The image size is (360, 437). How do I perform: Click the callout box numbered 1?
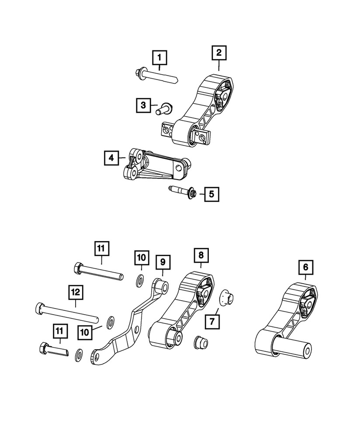pyautogui.click(x=159, y=57)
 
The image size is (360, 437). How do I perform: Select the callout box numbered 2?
pyautogui.click(x=219, y=53)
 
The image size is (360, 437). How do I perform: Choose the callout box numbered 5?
pyautogui.click(x=211, y=193)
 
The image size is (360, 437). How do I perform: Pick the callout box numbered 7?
pyautogui.click(x=212, y=322)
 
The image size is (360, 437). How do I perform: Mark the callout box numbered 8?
pyautogui.click(x=201, y=254)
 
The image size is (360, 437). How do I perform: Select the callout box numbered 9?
pyautogui.click(x=163, y=263)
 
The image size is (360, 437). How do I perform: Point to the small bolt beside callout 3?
pyautogui.click(x=164, y=107)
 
